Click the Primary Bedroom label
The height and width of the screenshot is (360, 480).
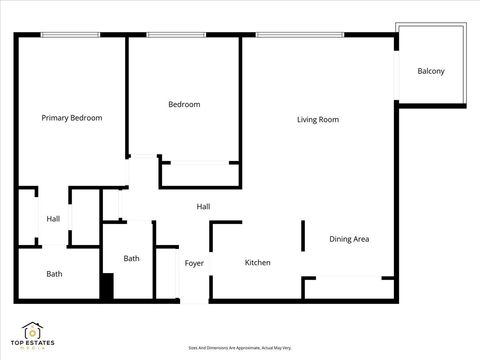coord(71,118)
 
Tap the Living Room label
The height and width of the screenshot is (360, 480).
coord(318,120)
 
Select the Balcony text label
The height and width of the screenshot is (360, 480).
coord(431,71)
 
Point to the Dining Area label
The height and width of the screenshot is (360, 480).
coord(350,239)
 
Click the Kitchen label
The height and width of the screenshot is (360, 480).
coord(258,263)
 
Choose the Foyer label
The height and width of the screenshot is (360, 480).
coord(194,263)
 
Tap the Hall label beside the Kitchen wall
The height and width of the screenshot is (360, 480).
coord(203,207)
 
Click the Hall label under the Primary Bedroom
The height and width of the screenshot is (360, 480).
coord(53,219)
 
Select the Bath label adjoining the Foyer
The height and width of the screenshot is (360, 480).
coord(131,259)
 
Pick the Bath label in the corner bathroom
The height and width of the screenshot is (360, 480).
coord(54,274)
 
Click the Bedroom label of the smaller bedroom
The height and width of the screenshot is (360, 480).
coord(184,104)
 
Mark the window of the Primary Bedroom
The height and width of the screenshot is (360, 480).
coord(69,36)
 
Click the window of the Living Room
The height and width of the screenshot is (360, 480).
coord(301,36)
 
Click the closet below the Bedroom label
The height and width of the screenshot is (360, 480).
coord(201,174)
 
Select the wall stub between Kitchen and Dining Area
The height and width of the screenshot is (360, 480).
coord(303,237)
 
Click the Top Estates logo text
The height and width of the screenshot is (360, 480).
coord(32,345)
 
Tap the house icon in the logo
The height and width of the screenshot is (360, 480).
coord(32,330)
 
